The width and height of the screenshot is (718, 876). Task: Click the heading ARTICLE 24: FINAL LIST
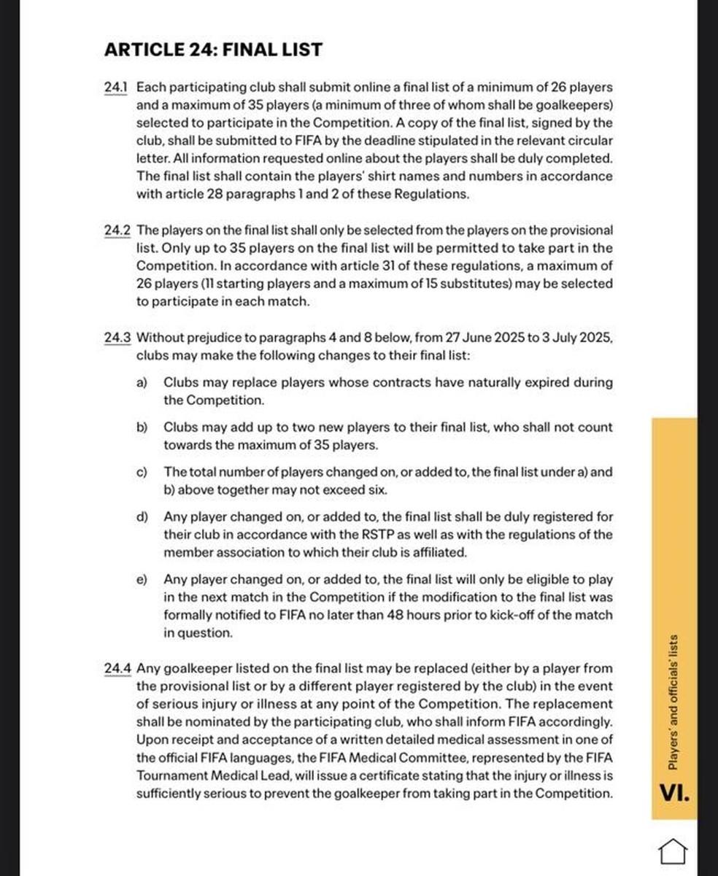click(x=213, y=50)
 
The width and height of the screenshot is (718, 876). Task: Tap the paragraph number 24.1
click(x=116, y=88)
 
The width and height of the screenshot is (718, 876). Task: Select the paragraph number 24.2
click(x=117, y=230)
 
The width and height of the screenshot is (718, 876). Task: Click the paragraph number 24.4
click(x=117, y=668)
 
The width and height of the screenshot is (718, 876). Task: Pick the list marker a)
click(x=142, y=382)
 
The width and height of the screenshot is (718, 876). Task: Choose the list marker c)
click(x=142, y=472)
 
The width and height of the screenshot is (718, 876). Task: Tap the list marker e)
click(x=142, y=579)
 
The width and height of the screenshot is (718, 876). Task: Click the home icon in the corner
click(x=673, y=850)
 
